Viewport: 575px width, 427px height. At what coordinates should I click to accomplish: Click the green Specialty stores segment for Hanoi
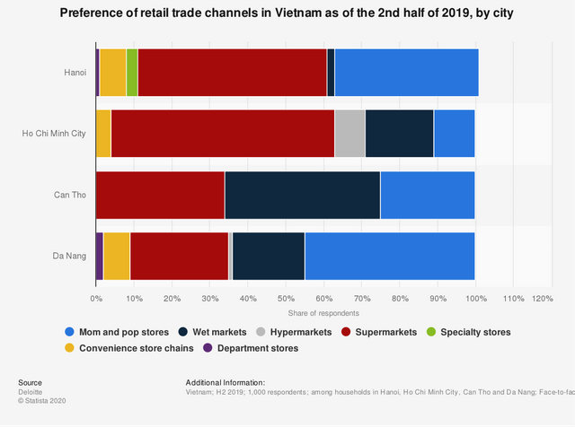point(132,72)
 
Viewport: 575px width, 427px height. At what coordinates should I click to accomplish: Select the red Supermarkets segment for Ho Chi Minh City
point(222,133)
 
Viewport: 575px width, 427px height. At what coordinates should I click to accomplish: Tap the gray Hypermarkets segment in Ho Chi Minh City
point(349,133)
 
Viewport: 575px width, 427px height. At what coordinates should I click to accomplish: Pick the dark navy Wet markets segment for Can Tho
point(302,194)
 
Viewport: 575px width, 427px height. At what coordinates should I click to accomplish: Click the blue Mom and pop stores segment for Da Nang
point(390,255)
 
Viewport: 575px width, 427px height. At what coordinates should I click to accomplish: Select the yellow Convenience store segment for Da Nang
point(117,255)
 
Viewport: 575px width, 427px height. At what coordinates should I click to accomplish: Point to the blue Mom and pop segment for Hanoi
point(406,72)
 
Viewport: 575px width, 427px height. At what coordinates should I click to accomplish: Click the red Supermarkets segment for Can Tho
point(160,194)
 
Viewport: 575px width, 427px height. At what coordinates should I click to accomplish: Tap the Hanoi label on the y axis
point(75,73)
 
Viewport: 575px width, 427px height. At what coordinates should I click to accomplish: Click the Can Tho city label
point(71,195)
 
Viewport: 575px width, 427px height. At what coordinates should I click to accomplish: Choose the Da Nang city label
point(69,256)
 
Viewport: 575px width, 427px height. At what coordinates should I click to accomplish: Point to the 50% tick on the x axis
point(285,297)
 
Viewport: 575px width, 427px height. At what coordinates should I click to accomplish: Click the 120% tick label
point(543,297)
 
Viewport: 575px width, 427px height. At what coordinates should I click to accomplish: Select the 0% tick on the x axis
point(96,297)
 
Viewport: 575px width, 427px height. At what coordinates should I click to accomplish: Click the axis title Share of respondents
point(323,313)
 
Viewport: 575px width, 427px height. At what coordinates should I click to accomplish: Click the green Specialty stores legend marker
point(429,332)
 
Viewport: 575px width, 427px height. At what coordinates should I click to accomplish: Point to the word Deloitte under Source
point(31,392)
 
